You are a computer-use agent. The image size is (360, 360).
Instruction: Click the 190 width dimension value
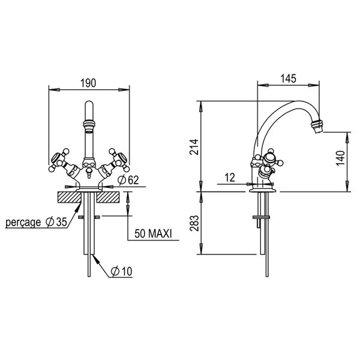(88, 83)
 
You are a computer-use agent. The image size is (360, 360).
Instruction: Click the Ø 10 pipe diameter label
(121, 272)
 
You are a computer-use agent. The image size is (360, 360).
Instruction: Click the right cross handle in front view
(116, 160)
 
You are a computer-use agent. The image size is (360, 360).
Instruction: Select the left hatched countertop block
(67, 196)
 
